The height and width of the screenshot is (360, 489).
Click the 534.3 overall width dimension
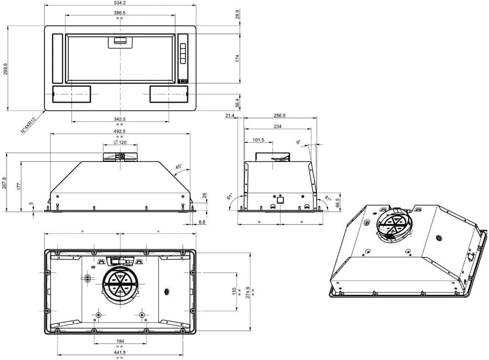pyautogui.click(x=120, y=3)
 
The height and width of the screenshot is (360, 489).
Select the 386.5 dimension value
pyautogui.click(x=120, y=13)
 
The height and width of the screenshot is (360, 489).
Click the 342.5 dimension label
pyautogui.click(x=120, y=119)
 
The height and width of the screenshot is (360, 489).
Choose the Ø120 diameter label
pyautogui.click(x=120, y=142)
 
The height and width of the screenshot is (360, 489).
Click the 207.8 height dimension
pyautogui.click(x=4, y=182)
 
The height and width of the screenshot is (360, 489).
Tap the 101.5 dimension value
pyautogui.click(x=258, y=140)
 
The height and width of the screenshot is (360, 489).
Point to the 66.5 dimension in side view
pyautogui.click(x=337, y=202)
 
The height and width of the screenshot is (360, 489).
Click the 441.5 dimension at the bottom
pyautogui.click(x=120, y=352)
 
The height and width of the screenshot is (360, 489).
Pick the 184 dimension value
pyautogui.click(x=120, y=341)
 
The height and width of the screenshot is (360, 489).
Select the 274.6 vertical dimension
pyautogui.click(x=247, y=291)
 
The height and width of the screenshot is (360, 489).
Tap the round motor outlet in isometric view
pyautogui.click(x=394, y=225)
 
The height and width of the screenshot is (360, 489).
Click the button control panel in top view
pyautogui.click(x=183, y=55)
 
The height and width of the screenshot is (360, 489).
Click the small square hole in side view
pyautogui.click(x=280, y=201)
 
